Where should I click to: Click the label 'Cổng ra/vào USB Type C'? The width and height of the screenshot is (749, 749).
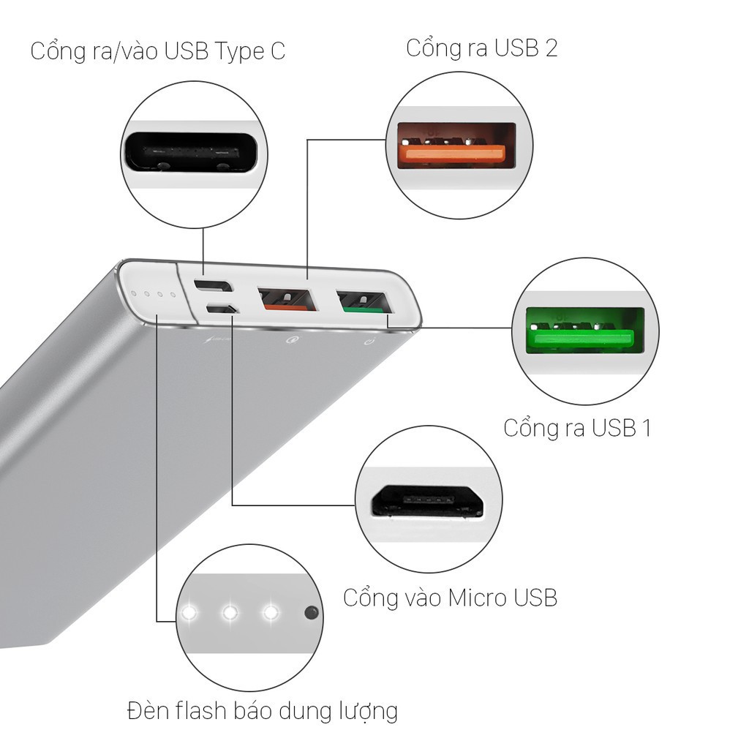157,52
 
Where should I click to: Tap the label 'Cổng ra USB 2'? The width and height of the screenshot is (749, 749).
481,48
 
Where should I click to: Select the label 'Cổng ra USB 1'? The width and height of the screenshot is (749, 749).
577,427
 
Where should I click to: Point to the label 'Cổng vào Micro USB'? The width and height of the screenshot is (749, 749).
450,598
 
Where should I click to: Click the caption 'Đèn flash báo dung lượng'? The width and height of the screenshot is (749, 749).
262,710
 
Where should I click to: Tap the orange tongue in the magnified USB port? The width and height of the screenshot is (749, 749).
451,153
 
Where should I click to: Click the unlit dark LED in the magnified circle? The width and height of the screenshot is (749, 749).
312,611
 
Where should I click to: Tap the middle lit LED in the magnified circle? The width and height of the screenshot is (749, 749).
230,611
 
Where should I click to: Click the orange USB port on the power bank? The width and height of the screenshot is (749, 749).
286,301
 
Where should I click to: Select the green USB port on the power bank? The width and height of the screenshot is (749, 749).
362,302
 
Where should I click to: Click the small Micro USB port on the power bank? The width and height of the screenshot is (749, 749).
220,309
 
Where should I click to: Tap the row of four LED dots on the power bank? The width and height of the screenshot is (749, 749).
153,296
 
